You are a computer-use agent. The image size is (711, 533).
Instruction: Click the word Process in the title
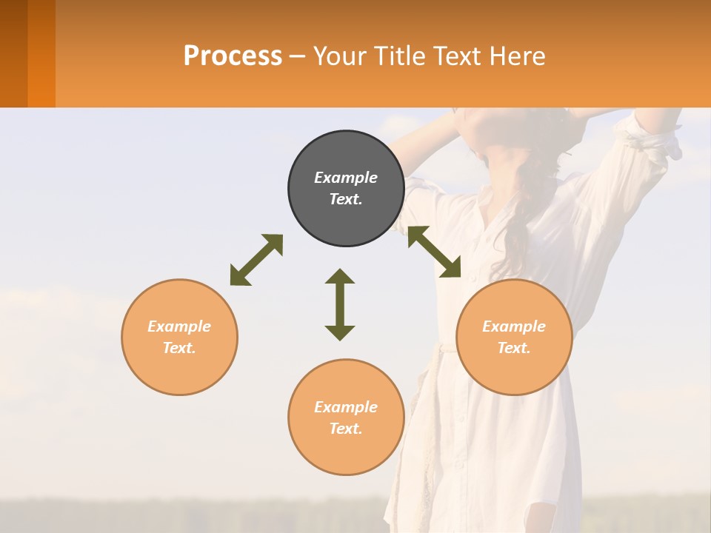pyautogui.click(x=233, y=56)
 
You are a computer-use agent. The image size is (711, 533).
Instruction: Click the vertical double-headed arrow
pyautogui.click(x=340, y=304)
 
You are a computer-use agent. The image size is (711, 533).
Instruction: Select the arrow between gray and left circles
pyautogui.click(x=256, y=260)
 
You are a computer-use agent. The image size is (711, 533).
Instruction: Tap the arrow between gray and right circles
pyautogui.click(x=434, y=252)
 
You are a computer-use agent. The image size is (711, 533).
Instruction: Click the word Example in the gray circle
pyautogui.click(x=346, y=178)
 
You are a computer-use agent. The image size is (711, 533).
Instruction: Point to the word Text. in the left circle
pyautogui.click(x=179, y=348)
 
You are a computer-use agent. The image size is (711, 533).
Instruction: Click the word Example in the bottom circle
pyautogui.click(x=346, y=407)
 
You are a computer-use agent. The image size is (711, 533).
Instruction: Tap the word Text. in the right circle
pyautogui.click(x=513, y=348)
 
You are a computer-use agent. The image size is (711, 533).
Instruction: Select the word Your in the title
pyautogui.click(x=339, y=56)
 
